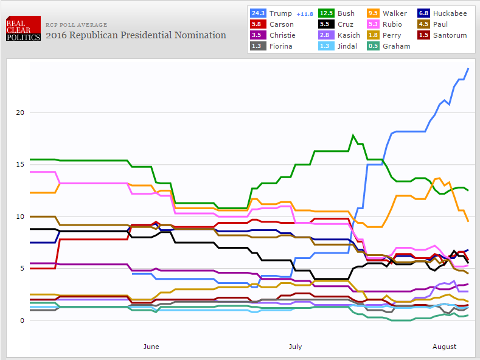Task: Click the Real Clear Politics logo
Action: point(23,29)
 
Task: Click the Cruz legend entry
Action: point(345,24)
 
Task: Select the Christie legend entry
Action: point(282,35)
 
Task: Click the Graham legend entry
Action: point(396,46)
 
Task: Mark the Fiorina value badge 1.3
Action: point(257,46)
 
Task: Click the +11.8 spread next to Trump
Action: point(305,13)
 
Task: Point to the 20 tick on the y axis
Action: point(20,112)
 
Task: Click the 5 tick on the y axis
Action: point(22,268)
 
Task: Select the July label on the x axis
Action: point(294,347)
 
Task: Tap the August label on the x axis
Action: point(444,347)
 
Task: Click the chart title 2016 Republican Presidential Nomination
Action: point(136,35)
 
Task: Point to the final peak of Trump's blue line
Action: point(468,69)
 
